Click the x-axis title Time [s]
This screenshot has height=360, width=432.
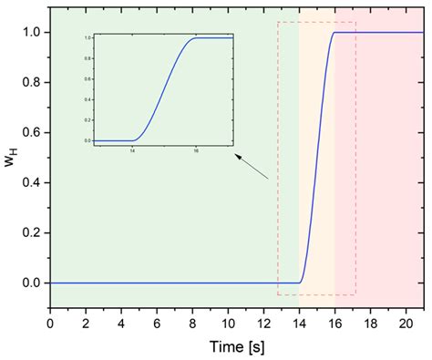tap(237, 346)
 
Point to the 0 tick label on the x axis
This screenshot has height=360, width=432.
tap(50, 323)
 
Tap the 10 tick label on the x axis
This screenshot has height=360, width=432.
tap(228, 323)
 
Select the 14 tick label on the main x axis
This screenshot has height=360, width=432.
tap(299, 323)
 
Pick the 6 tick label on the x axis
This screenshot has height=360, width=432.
tap(157, 323)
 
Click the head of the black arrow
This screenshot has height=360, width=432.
tap(237, 157)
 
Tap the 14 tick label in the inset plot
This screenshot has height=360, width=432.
tap(133, 151)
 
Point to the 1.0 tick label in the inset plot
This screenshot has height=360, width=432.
tap(87, 37)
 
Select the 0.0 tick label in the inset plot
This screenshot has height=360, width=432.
tap(87, 140)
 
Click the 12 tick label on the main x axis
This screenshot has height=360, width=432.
tap(263, 323)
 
